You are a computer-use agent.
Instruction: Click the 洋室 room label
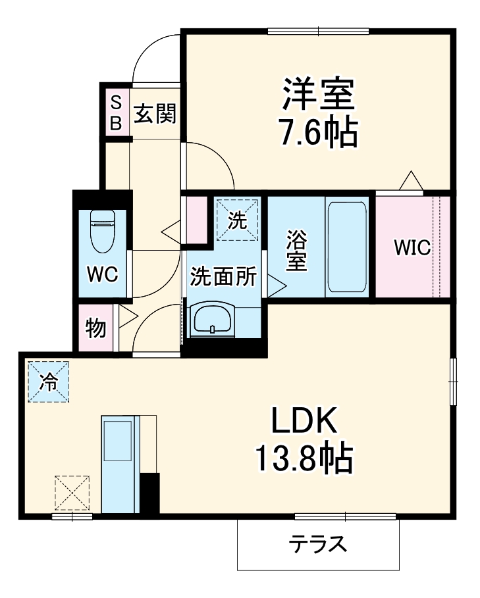(319, 97)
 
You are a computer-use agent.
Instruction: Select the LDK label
(305, 420)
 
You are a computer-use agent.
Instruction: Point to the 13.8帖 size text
(305, 459)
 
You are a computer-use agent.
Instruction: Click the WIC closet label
(412, 248)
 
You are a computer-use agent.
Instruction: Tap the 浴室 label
(296, 250)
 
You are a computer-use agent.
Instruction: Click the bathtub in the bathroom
(346, 247)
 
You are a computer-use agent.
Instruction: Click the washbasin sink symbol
(211, 319)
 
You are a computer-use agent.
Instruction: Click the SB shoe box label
(115, 112)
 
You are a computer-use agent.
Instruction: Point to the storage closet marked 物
(96, 328)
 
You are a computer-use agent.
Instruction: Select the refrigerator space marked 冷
(48, 381)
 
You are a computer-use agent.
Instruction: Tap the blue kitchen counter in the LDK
(119, 462)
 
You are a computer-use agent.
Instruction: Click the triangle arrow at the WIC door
(411, 180)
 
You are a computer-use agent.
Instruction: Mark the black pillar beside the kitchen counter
(149, 493)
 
